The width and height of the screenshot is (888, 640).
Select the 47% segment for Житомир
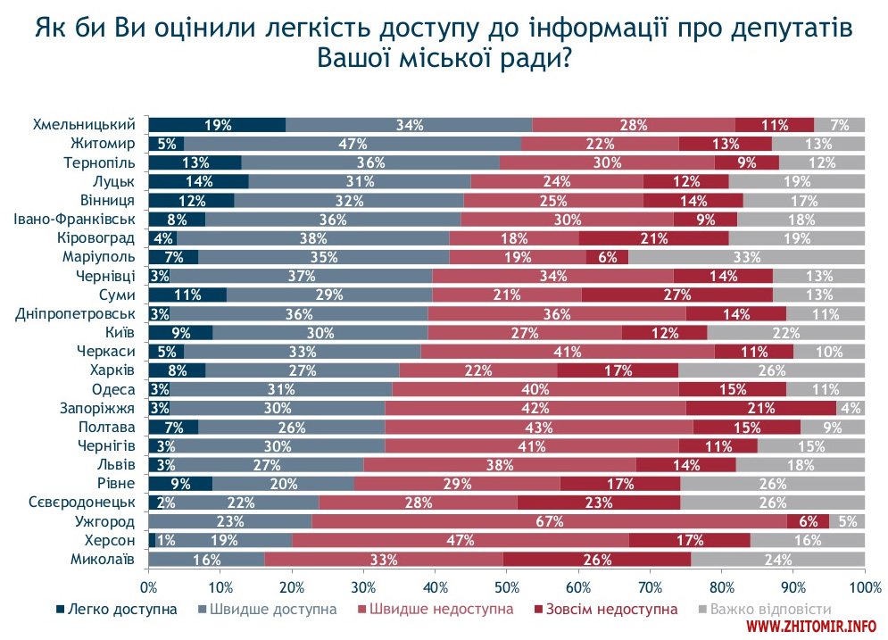pyautogui.click(x=353, y=144)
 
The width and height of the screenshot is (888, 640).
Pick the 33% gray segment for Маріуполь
pyautogui.click(x=746, y=257)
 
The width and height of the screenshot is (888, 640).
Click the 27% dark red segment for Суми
pyautogui.click(x=676, y=295)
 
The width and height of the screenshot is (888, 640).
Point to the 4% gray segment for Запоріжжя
pyautogui.click(x=851, y=408)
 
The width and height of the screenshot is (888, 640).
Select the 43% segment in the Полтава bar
pyautogui.click(x=538, y=427)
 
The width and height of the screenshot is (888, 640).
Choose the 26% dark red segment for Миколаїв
pyautogui.click(x=597, y=560)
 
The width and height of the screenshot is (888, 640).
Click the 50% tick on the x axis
pyautogui.click(x=507, y=586)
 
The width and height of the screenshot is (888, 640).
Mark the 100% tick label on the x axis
pyautogui.click(x=864, y=586)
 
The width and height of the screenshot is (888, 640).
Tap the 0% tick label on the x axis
pyautogui.click(x=148, y=586)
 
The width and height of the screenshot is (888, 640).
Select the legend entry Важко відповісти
pyautogui.click(x=768, y=609)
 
